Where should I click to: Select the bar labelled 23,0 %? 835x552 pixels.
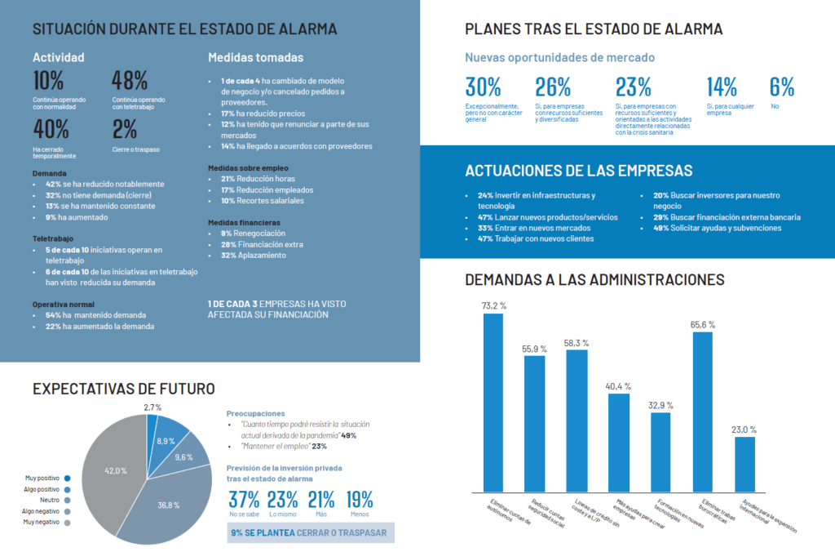click(x=744, y=464)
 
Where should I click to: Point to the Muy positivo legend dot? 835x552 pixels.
click(x=67, y=479)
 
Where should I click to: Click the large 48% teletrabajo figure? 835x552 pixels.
click(x=129, y=81)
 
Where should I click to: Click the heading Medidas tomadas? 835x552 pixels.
click(x=255, y=57)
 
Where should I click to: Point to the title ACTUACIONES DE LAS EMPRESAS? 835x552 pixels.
click(x=578, y=171)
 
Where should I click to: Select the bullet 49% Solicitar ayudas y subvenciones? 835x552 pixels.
click(x=717, y=228)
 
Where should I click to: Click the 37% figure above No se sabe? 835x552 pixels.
click(x=244, y=500)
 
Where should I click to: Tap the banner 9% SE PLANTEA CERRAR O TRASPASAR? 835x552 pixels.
click(x=311, y=532)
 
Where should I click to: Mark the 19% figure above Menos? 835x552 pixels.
click(x=360, y=500)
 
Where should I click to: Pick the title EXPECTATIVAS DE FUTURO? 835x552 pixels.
click(x=123, y=389)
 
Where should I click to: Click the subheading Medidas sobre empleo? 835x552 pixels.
click(x=248, y=167)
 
